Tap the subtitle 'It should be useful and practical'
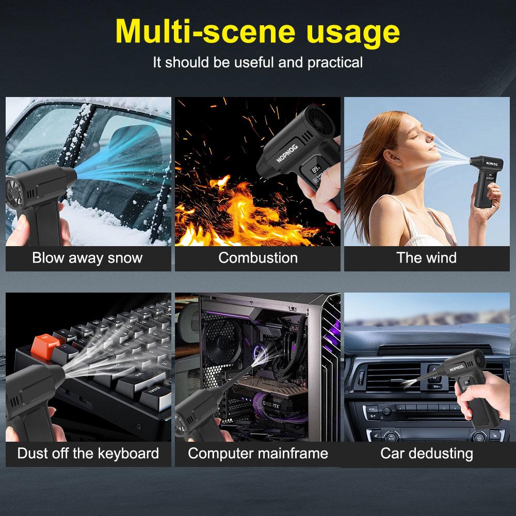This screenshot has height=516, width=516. click(258, 62)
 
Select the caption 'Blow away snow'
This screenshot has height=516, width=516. click(87, 257)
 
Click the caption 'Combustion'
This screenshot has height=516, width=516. click(258, 257)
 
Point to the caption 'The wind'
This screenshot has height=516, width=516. click(426, 257)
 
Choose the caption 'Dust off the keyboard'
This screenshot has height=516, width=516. click(88, 454)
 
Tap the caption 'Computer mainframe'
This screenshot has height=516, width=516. click(258, 454)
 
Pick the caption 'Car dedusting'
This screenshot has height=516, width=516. click(427, 454)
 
